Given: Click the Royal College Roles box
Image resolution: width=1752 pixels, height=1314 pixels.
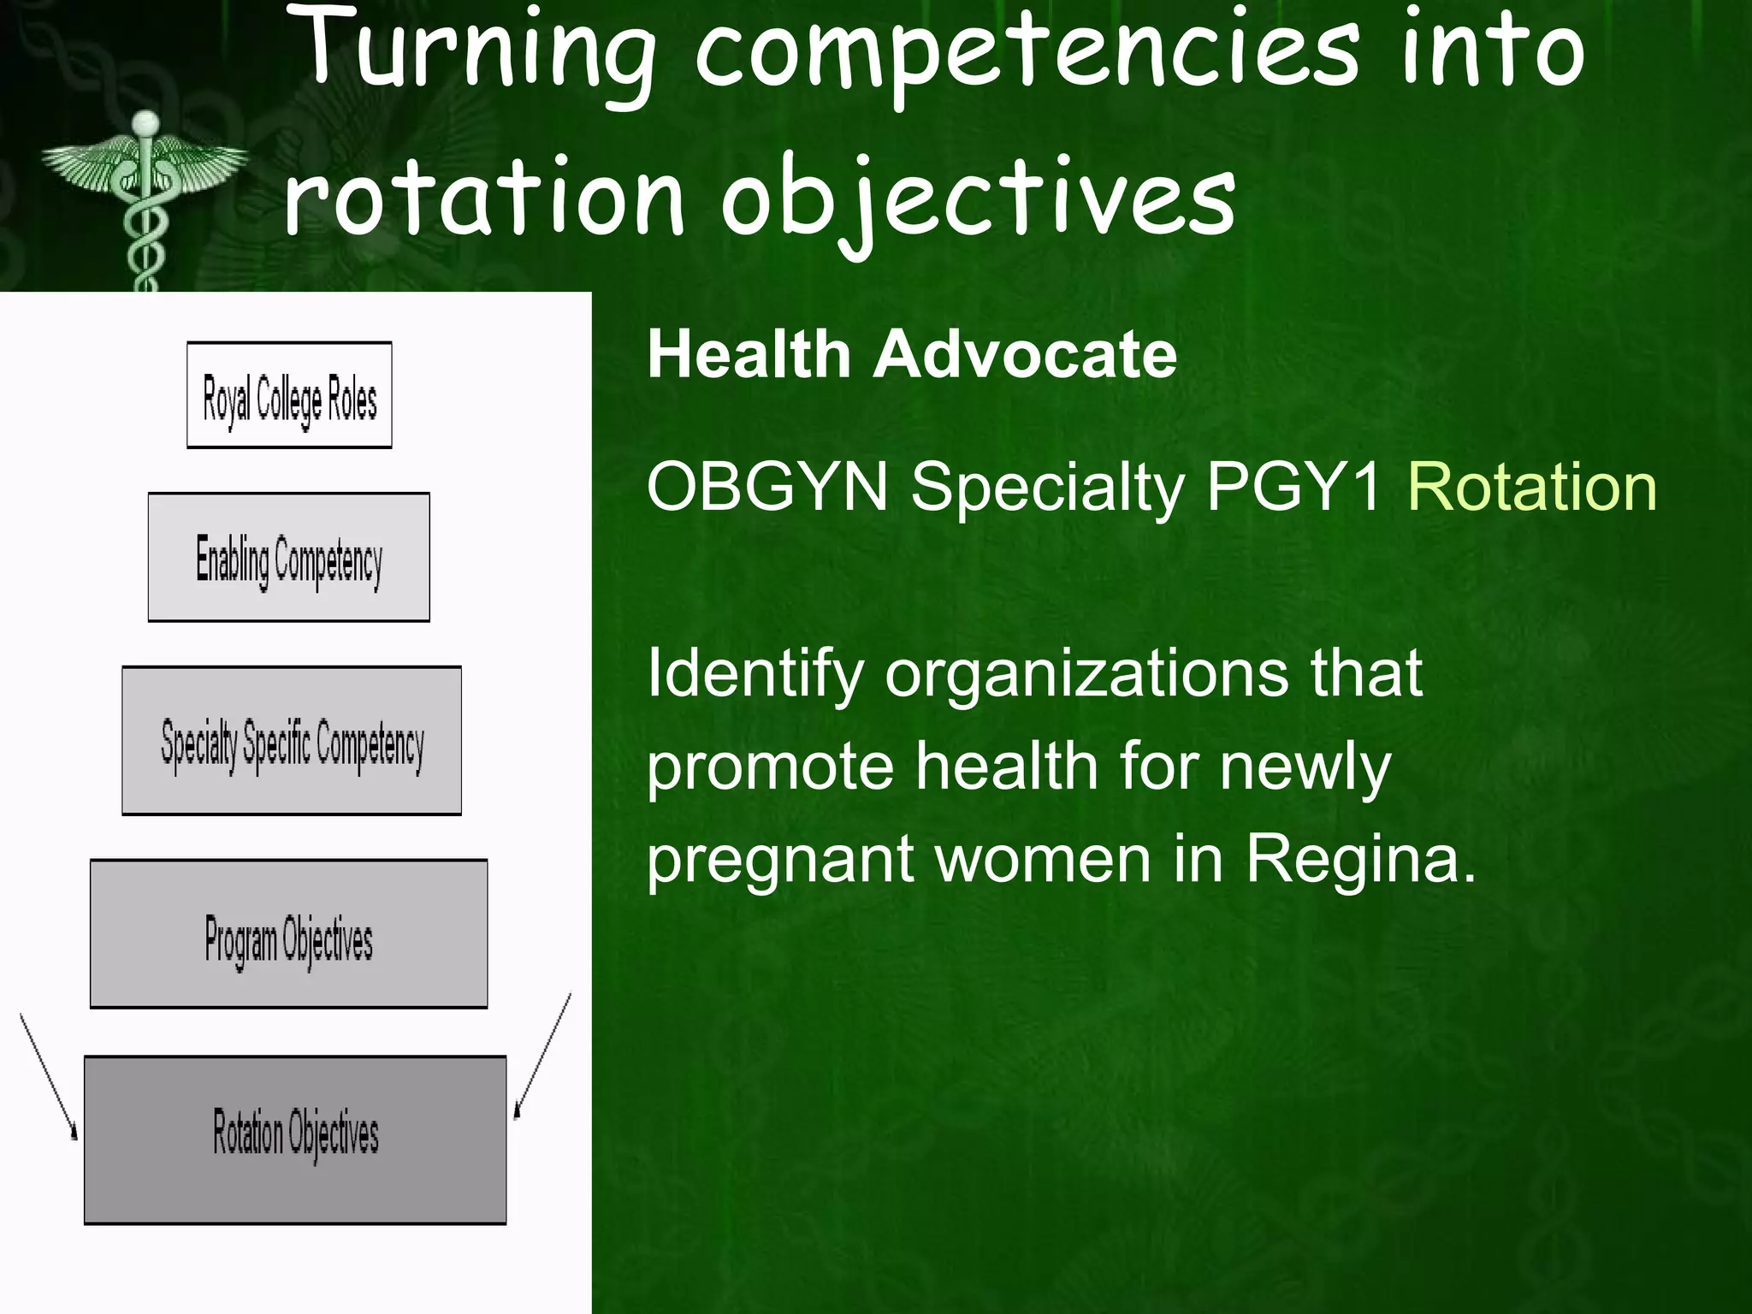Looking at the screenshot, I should [289, 395].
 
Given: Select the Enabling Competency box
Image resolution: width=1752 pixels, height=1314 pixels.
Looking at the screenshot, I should [289, 557].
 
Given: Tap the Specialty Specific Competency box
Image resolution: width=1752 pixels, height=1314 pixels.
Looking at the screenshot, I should [292, 741].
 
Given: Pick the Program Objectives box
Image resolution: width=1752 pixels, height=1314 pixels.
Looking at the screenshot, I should [289, 934].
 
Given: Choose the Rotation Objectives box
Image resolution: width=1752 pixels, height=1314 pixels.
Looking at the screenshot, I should [295, 1139].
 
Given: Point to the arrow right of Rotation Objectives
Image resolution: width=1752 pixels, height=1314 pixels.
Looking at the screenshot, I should [542, 1057].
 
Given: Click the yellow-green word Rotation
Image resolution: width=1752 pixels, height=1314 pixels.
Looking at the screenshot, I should [1532, 488].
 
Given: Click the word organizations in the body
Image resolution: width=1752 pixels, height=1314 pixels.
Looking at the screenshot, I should [1086, 673].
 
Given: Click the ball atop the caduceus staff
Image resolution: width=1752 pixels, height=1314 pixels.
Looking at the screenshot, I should [146, 124].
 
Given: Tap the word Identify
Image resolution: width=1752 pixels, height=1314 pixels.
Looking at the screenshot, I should [755, 673].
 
